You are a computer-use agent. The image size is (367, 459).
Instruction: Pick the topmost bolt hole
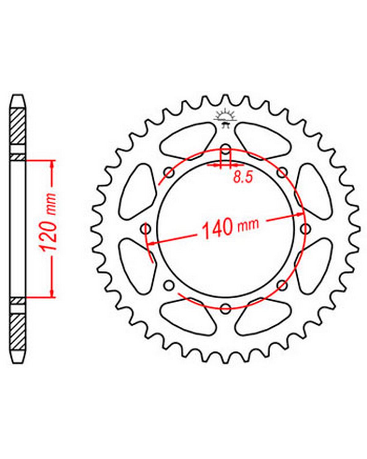coord(226,150)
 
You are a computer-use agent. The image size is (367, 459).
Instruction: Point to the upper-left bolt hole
coord(169,173)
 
